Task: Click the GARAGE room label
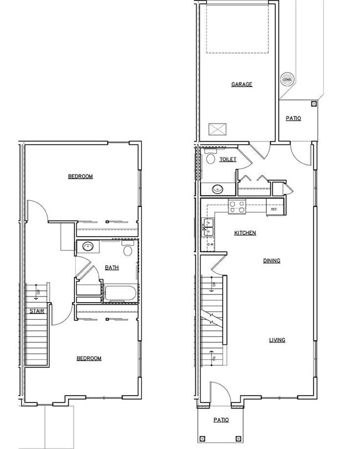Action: [241, 85]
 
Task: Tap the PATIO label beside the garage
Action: [294, 119]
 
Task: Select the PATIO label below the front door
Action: [222, 420]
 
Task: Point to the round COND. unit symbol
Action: [287, 79]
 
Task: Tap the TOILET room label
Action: [228, 160]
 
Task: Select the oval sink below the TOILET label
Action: [218, 188]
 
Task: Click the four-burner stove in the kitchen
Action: [238, 207]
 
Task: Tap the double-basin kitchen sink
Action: [209, 225]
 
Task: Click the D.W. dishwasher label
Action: [210, 244]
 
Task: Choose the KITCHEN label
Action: [245, 233]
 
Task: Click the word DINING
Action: [271, 261]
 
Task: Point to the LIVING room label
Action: [277, 340]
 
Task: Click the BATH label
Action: [112, 268]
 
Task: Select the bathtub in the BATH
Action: [120, 293]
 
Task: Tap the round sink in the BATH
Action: [88, 247]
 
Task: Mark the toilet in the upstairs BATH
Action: [128, 249]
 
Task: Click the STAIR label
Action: [37, 311]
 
